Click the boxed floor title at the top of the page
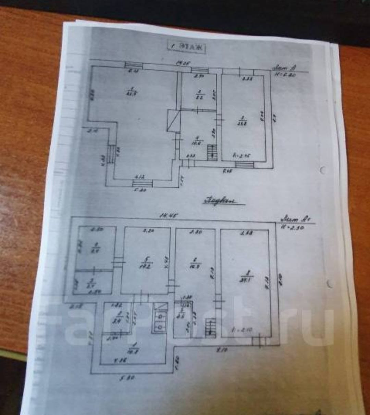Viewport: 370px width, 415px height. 186,47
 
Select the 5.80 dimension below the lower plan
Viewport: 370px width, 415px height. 127,378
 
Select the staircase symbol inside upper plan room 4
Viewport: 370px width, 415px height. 212,152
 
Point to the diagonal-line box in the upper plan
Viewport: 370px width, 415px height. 174,121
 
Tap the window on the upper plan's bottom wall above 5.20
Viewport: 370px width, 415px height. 142,183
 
